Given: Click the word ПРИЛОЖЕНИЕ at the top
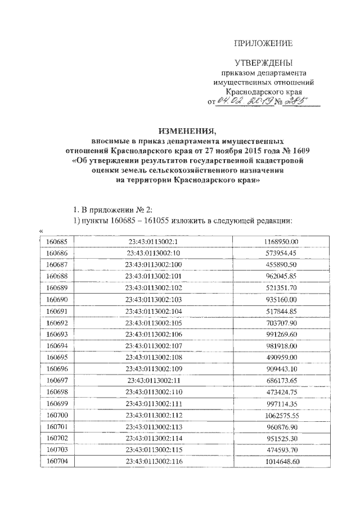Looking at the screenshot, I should [x=264, y=43].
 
